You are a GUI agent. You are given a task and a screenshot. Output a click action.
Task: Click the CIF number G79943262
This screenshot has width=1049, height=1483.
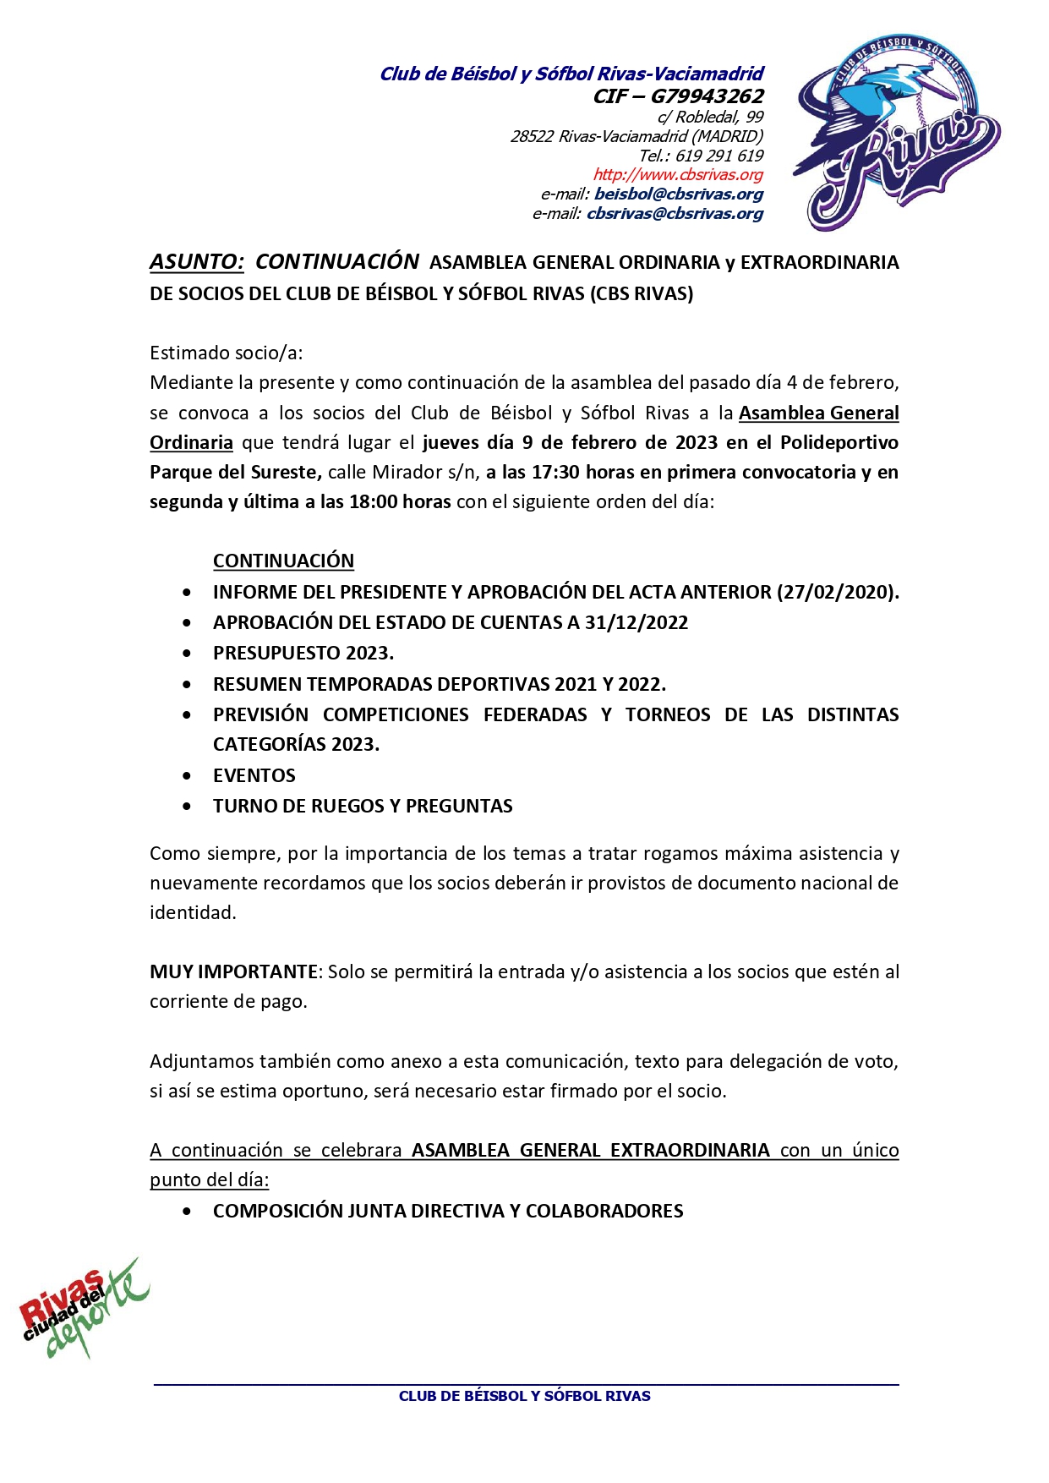click(707, 96)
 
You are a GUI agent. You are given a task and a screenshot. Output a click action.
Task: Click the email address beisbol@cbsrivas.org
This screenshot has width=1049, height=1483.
click(678, 194)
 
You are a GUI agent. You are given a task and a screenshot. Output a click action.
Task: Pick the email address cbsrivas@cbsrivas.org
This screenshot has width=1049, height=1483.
click(675, 214)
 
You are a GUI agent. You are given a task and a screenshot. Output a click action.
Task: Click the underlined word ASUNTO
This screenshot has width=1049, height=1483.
click(196, 262)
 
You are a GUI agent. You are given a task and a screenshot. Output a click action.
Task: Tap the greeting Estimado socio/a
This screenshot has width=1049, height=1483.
click(226, 353)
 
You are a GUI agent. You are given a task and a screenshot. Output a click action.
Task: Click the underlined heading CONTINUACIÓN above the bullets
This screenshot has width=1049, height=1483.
click(283, 561)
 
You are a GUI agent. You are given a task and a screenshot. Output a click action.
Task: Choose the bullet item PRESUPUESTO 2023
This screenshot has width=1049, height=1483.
click(303, 653)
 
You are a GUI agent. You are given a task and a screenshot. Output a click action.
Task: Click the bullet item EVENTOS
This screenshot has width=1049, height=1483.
click(254, 775)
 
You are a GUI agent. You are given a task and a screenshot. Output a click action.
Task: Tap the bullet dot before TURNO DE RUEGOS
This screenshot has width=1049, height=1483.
click(187, 807)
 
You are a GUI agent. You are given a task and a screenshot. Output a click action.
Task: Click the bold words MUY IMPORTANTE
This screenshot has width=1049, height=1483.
click(233, 971)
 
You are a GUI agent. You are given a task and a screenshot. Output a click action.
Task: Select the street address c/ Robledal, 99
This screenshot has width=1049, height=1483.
click(710, 118)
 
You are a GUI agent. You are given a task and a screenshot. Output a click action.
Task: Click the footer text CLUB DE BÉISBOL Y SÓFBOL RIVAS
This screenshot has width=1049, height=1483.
click(524, 1396)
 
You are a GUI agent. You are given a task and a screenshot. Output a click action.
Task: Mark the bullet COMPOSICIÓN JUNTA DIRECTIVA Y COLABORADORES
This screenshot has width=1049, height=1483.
click(448, 1211)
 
